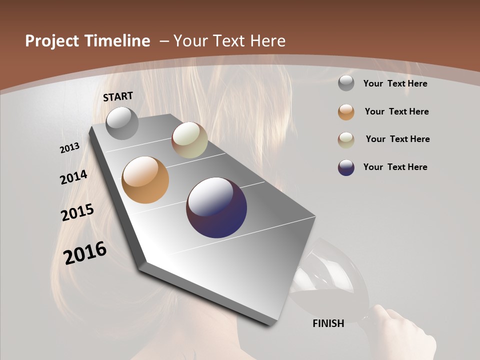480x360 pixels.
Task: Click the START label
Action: coord(118,96)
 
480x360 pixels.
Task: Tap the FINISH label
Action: coord(328,323)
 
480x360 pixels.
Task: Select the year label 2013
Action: coord(70,148)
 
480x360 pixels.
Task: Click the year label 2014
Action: coord(74,177)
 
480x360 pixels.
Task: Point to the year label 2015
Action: coord(77,212)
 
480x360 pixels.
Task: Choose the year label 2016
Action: coord(85,253)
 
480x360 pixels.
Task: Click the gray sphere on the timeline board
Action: coord(122,123)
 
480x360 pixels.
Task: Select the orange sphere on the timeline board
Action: coord(145,180)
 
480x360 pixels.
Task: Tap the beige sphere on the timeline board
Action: coord(189,140)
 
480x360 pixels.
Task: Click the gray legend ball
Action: coord(346,83)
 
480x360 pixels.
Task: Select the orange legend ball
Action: coord(346,112)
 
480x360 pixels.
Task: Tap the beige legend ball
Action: coord(346,139)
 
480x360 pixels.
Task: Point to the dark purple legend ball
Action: coord(346,167)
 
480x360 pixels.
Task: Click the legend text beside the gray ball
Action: coord(395,83)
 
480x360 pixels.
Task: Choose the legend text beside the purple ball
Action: coord(395,167)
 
